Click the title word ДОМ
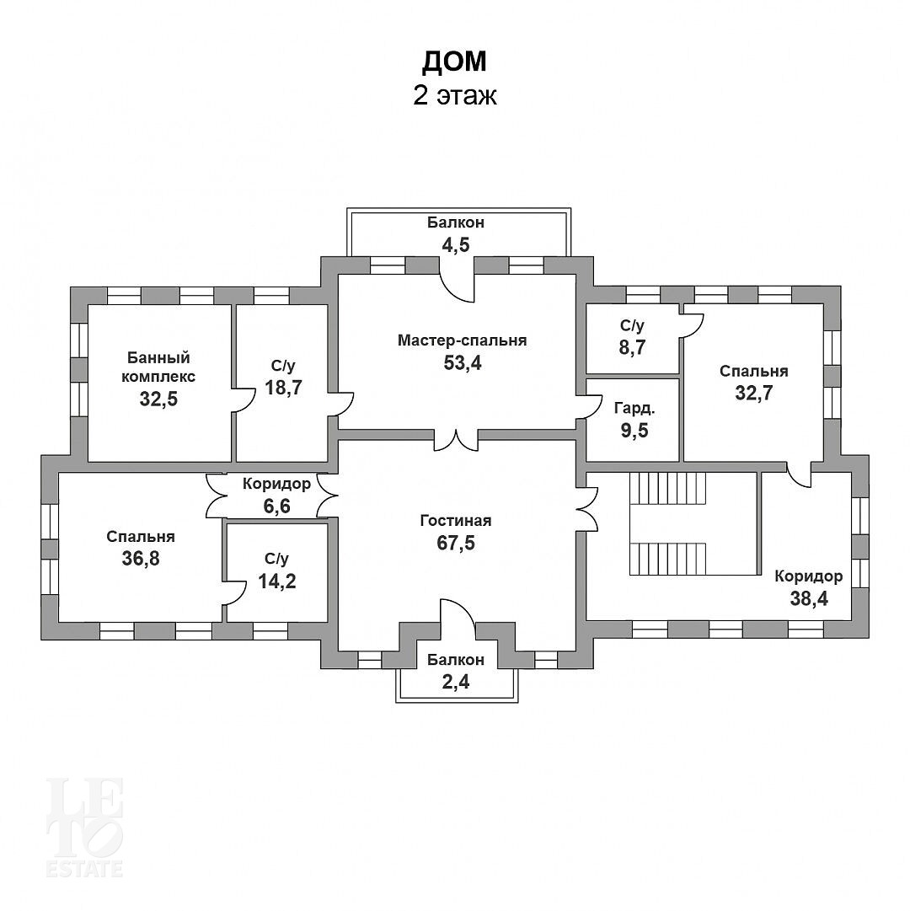(x=454, y=62)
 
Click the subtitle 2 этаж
(x=455, y=95)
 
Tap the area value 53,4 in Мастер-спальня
(x=463, y=363)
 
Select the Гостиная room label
(x=456, y=520)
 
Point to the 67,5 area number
(x=456, y=543)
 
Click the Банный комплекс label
(x=158, y=367)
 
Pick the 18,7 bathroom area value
(x=283, y=388)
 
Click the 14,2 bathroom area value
(x=277, y=581)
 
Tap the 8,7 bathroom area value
(x=633, y=347)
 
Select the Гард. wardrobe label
(x=634, y=409)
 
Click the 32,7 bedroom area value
(x=754, y=394)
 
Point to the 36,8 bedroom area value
(x=141, y=559)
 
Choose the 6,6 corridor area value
(x=277, y=506)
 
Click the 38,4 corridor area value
(x=809, y=598)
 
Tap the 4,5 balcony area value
(x=456, y=245)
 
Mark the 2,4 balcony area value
(x=456, y=682)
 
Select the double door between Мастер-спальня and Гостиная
(x=457, y=440)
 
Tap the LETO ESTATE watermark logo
(x=85, y=827)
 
